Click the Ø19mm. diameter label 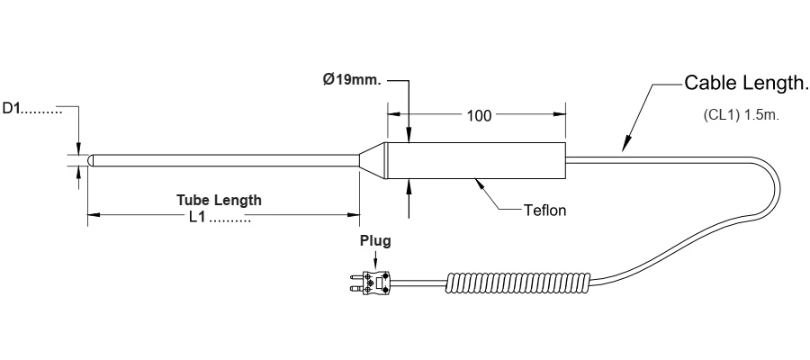click(352, 80)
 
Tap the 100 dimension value click(480, 116)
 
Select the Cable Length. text click(746, 83)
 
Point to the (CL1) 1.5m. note click(742, 115)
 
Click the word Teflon click(544, 211)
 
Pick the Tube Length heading click(219, 200)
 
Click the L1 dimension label click(197, 217)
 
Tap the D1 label click(12, 109)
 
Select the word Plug click(375, 241)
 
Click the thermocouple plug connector click(368, 283)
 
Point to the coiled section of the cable click(517, 283)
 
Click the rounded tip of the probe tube click(90, 160)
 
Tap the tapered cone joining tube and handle click(373, 160)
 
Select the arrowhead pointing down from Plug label click(375, 264)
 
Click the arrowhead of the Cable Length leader click(626, 144)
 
